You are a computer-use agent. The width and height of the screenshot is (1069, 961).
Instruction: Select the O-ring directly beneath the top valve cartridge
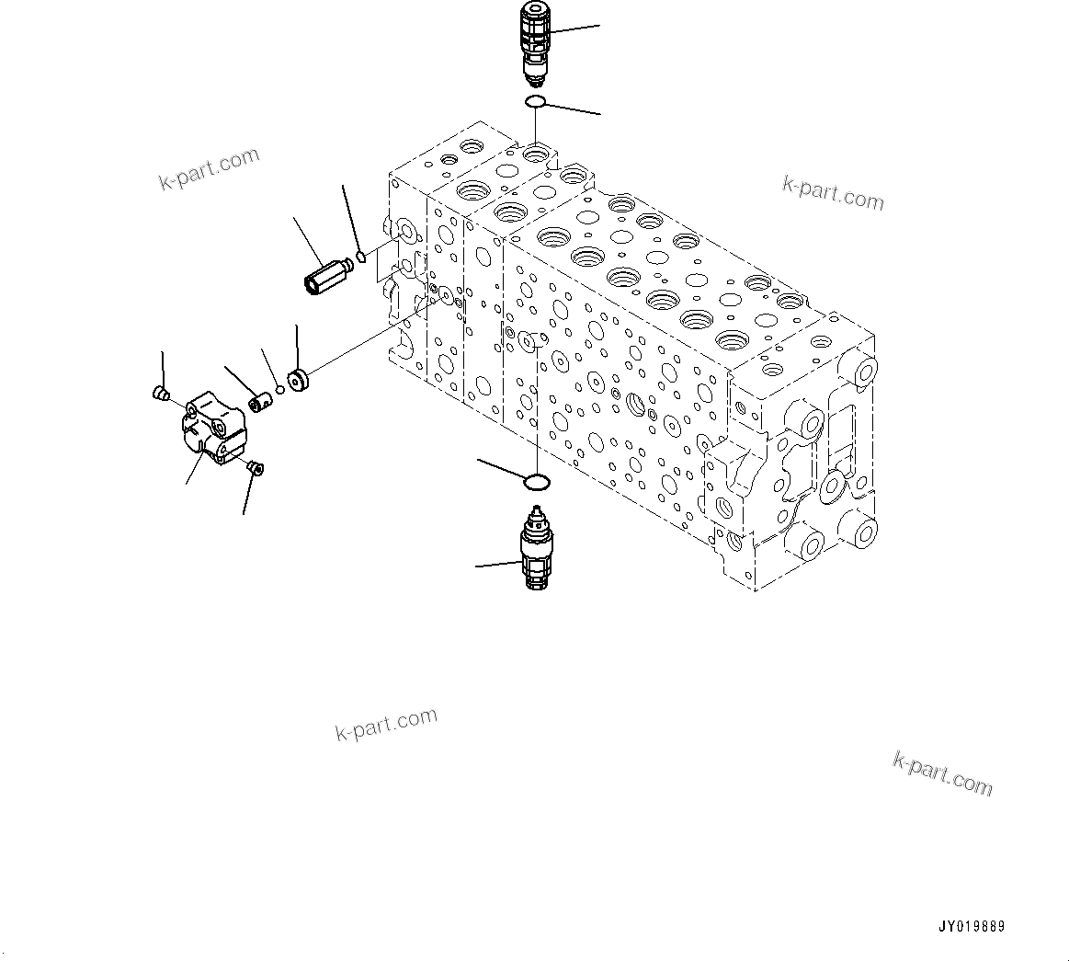536,101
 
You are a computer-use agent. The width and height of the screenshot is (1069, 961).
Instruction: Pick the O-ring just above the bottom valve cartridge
537,481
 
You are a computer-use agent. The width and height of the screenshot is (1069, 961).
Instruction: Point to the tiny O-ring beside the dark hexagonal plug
362,257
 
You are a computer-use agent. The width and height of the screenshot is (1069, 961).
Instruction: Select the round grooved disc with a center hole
298,379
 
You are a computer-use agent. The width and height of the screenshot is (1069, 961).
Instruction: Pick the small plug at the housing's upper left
159,395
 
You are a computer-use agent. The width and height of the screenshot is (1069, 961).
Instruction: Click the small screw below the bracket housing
255,470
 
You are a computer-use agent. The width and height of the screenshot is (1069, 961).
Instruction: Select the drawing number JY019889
972,927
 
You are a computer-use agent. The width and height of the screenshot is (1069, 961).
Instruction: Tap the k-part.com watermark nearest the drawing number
942,772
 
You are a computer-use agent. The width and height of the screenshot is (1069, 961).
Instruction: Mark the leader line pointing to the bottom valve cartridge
496,565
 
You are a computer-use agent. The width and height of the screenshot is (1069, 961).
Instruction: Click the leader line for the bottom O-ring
501,468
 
